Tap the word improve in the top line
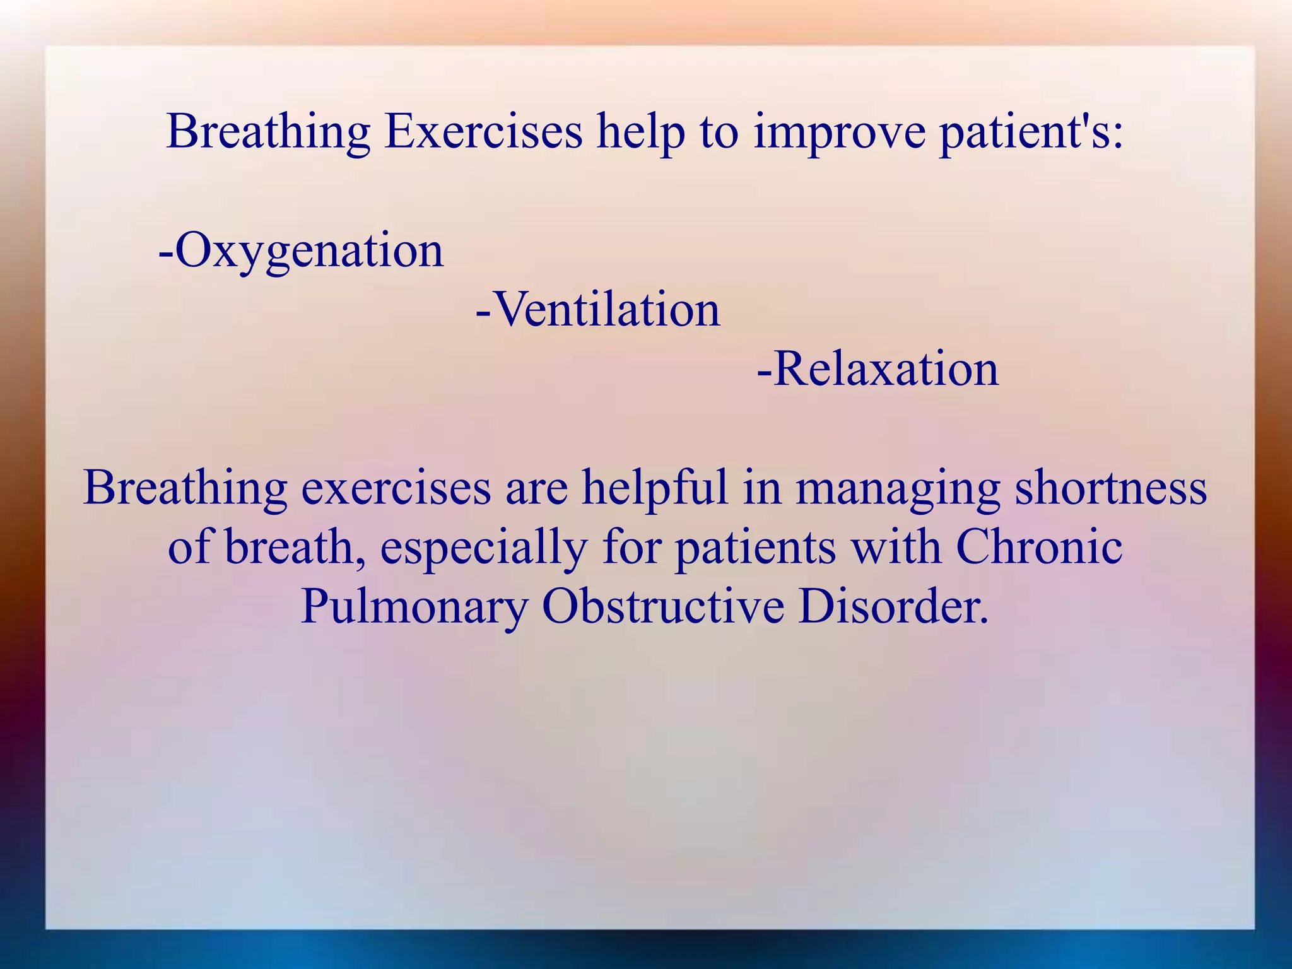point(838,134)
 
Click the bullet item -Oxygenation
point(301,251)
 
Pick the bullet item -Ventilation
point(597,310)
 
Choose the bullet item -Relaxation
point(878,369)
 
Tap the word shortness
point(1110,488)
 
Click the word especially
point(483,549)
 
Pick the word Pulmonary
point(414,608)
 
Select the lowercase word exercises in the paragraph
point(396,490)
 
